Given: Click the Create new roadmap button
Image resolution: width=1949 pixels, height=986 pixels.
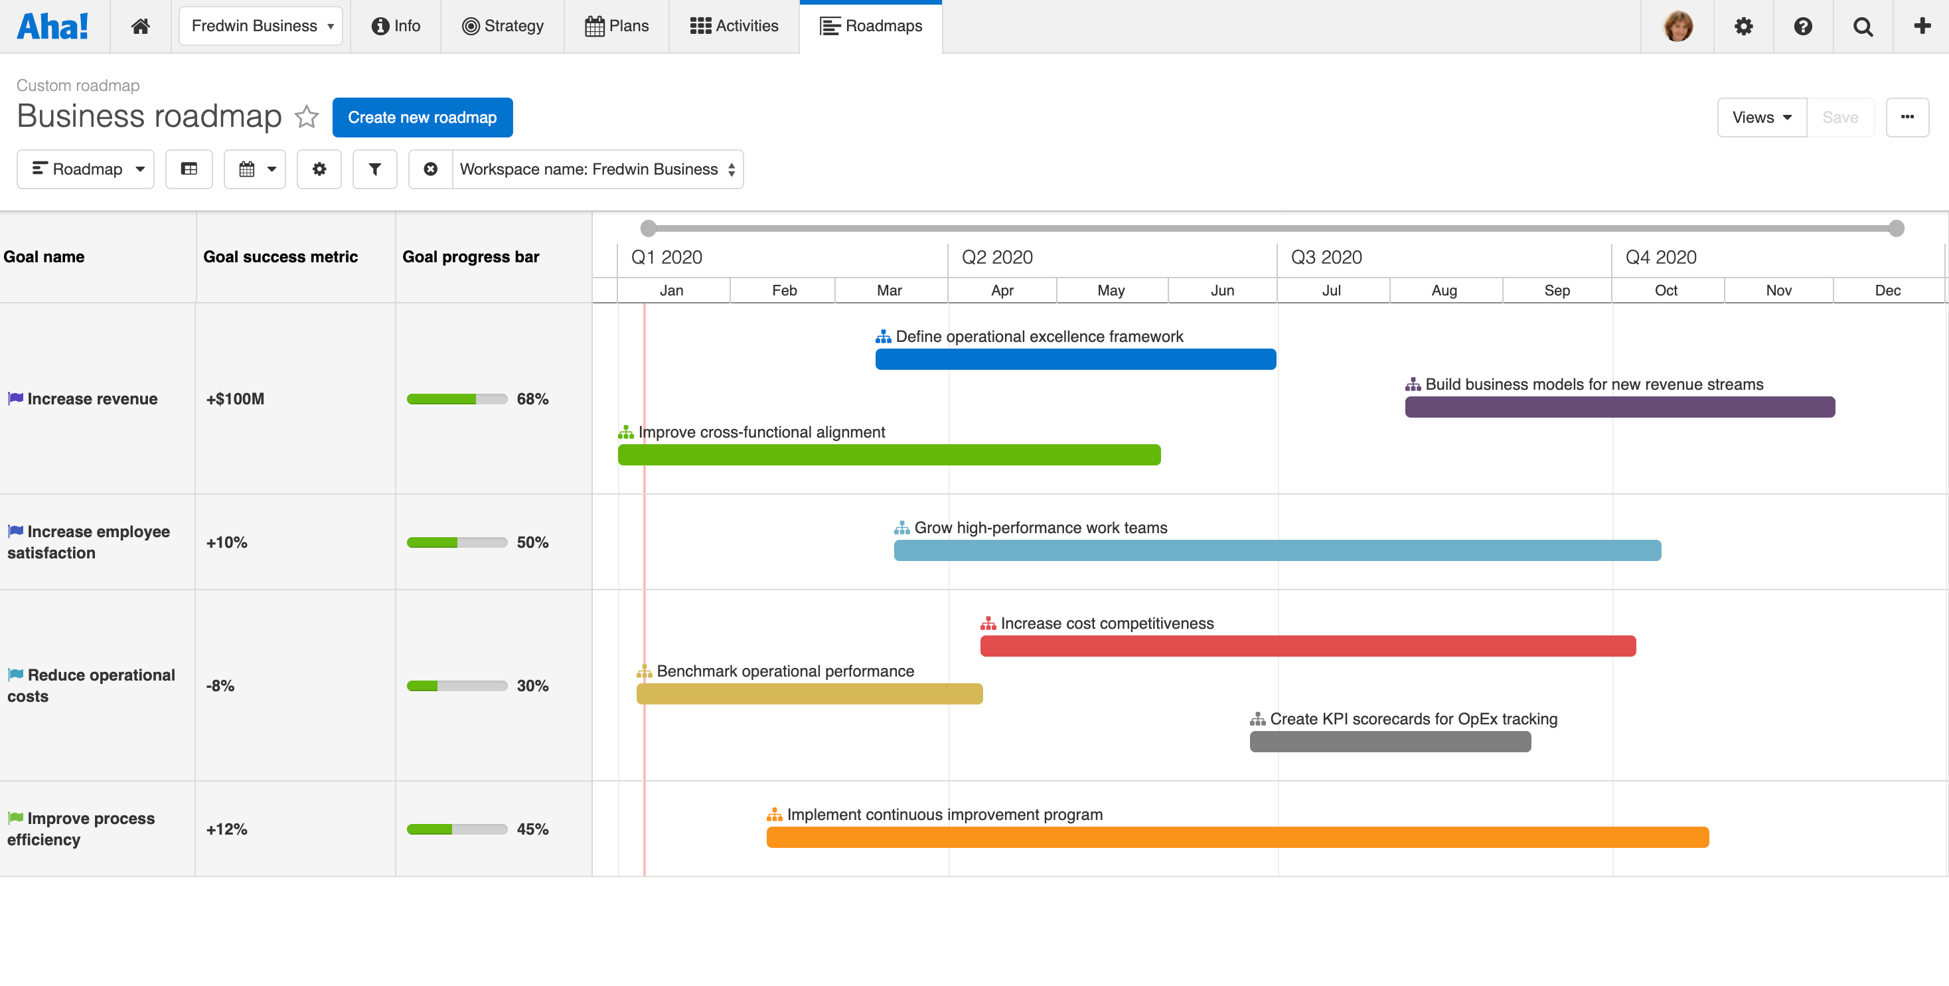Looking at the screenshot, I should pyautogui.click(x=422, y=118).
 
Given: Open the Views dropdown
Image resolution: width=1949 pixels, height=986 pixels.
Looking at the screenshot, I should pyautogui.click(x=1761, y=118).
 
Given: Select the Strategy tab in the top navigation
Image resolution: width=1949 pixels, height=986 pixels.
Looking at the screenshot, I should pyautogui.click(x=503, y=26).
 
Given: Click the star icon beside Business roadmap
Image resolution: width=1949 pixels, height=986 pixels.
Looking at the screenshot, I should pyautogui.click(x=307, y=117).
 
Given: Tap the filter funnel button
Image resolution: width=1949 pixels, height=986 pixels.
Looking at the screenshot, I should pyautogui.click(x=374, y=169).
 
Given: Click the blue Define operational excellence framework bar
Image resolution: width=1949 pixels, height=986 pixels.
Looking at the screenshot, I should pyautogui.click(x=1075, y=359).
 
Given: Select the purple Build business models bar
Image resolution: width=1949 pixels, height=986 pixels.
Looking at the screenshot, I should pyautogui.click(x=1619, y=407).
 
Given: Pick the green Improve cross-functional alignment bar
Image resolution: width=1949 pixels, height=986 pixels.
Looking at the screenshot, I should pyautogui.click(x=889, y=455).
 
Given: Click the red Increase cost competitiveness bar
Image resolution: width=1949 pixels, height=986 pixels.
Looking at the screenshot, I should pyautogui.click(x=1307, y=646).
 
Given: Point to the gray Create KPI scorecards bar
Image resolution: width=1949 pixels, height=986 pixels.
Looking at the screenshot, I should pyautogui.click(x=1390, y=742).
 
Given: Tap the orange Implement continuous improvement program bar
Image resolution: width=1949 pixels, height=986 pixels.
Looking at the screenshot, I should pyautogui.click(x=1237, y=838).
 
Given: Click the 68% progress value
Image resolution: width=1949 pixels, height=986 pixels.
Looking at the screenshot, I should pyautogui.click(x=532, y=399).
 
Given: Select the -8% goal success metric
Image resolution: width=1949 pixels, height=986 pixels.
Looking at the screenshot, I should pyautogui.click(x=220, y=686).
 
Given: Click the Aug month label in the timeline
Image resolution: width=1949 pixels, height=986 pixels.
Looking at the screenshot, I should pyautogui.click(x=1444, y=291).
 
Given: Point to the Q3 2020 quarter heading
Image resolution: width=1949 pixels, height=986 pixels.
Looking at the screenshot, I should pyautogui.click(x=1326, y=257).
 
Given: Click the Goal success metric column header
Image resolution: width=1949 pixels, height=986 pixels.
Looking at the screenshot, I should pyautogui.click(x=280, y=256).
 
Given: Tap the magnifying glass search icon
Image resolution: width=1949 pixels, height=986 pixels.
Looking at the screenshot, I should pyautogui.click(x=1862, y=27).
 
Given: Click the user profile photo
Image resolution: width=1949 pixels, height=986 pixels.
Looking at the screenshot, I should pyautogui.click(x=1677, y=27).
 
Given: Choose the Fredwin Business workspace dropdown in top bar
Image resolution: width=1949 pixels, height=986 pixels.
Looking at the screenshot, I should pyautogui.click(x=261, y=26).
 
